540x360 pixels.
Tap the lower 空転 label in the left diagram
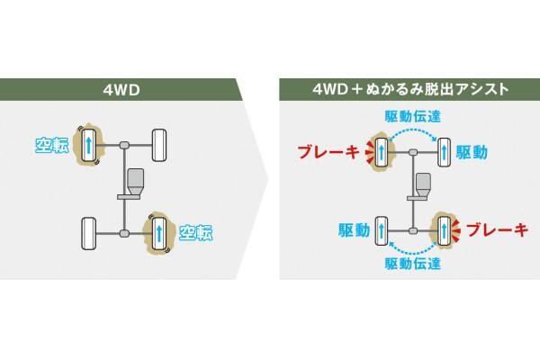195,232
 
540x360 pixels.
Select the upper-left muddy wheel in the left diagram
89,145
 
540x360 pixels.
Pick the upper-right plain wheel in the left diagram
159,144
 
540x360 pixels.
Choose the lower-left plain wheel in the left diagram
89,232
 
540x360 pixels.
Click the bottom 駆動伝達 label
412,263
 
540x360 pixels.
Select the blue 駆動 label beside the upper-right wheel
472,152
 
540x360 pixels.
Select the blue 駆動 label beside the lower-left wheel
354,229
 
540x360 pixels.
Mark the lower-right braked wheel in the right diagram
443,229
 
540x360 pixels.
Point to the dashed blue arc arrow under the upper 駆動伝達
411,131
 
